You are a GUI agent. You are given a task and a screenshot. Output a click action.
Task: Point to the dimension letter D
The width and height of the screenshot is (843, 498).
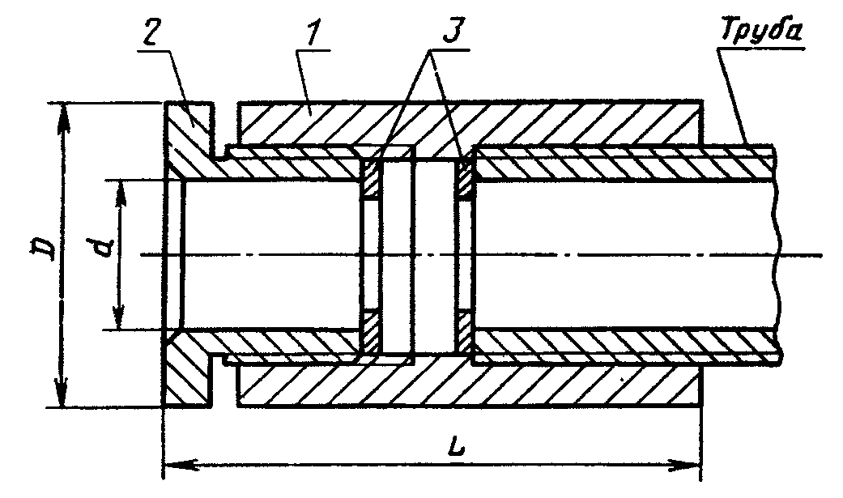coord(44,249)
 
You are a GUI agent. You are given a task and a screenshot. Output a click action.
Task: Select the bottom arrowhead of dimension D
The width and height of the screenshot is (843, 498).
coord(62,393)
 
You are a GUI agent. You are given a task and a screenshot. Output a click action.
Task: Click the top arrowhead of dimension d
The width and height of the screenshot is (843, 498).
coord(121,194)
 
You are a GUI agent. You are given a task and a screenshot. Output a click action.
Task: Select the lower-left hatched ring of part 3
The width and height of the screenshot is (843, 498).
coord(370,331)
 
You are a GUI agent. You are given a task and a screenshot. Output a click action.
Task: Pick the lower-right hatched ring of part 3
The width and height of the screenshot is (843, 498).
coord(465,331)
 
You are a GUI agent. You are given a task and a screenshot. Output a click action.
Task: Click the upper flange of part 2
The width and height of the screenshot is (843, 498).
coord(189,129)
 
